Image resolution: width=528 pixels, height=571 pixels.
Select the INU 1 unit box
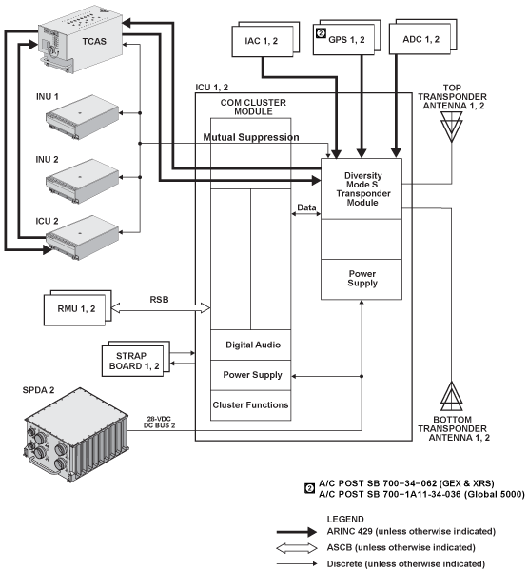pos(83,116)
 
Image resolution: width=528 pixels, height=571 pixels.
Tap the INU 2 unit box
pos(83,181)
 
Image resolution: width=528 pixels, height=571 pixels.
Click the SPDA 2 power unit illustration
pos(76,435)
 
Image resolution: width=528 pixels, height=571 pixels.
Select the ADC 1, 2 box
pos(422,37)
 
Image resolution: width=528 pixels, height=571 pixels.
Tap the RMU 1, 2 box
pos(78,307)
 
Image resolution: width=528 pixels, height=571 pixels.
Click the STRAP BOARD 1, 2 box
pos(135,359)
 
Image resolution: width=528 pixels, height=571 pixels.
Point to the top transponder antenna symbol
pos(452,127)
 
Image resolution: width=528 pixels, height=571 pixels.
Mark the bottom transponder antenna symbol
pos(452,396)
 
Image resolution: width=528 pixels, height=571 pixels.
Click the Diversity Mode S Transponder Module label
pos(363,188)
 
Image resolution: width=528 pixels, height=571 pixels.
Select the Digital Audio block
pos(251,345)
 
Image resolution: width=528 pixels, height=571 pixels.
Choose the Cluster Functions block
pos(251,405)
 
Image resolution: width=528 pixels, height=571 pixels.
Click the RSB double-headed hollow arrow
pos(161,308)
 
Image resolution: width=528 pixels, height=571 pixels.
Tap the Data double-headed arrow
pos(306,214)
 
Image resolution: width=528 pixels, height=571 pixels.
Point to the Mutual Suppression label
pos(251,137)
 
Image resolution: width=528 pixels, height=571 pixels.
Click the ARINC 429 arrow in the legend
pos(297,532)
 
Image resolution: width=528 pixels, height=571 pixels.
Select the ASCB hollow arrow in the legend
pos(297,548)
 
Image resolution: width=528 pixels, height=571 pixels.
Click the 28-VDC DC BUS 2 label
pos(159,422)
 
